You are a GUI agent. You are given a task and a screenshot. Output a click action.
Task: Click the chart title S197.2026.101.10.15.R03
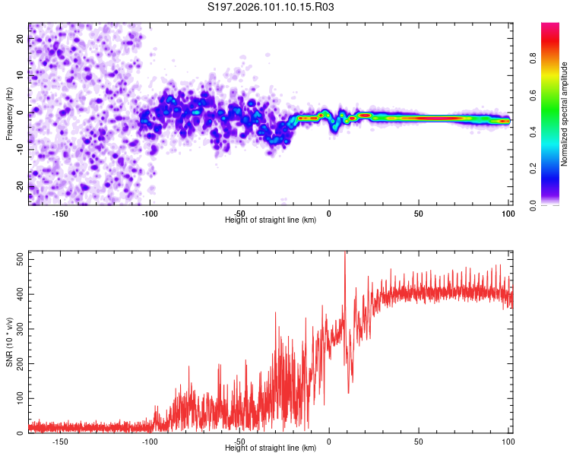(x=271, y=8)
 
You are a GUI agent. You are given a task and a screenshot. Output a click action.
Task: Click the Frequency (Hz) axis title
(x=9, y=114)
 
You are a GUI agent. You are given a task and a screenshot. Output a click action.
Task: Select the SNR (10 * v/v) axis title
(x=9, y=342)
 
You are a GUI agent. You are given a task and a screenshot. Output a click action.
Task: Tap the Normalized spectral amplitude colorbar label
(x=565, y=114)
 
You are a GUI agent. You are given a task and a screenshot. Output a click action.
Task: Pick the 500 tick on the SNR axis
(x=20, y=259)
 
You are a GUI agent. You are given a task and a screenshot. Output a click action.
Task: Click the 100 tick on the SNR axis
(x=20, y=398)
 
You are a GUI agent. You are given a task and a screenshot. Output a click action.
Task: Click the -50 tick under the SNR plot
(x=239, y=442)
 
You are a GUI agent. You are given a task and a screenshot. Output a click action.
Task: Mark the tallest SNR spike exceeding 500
(x=346, y=253)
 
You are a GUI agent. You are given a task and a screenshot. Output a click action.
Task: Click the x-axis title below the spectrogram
(x=271, y=220)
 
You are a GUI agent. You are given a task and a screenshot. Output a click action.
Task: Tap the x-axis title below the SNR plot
(x=271, y=448)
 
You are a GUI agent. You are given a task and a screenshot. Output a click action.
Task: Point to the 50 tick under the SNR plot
(x=419, y=442)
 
